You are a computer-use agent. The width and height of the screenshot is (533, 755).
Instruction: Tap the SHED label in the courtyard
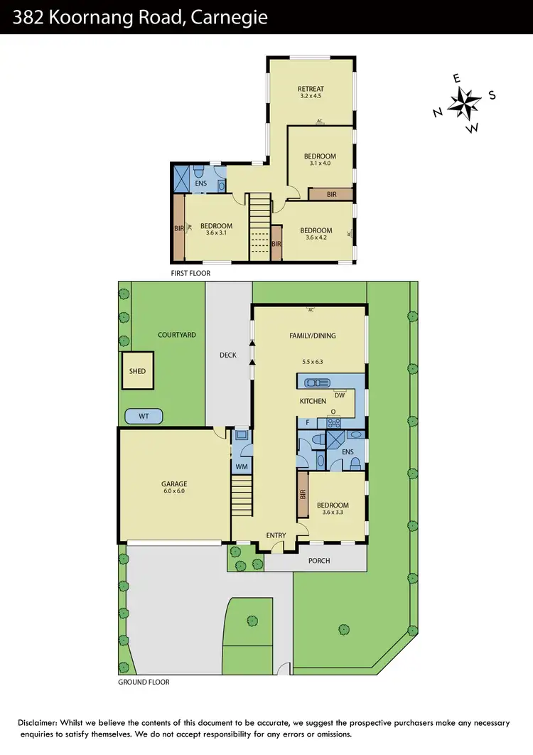137,370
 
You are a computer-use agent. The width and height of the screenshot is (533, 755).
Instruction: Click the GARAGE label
174,484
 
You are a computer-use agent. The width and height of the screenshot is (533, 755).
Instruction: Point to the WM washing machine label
242,466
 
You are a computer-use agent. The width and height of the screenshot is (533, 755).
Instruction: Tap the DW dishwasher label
340,395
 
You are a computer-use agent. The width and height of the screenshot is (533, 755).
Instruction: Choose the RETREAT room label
311,89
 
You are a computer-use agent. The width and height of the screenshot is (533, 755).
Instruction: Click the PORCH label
319,561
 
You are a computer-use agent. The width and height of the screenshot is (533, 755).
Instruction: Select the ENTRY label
276,535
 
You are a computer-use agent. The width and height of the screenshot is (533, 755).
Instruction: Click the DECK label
227,355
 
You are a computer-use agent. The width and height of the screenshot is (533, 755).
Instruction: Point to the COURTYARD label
176,335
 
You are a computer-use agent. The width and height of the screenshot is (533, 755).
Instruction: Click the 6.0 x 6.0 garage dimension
174,491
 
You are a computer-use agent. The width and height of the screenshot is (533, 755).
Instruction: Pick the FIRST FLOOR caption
190,272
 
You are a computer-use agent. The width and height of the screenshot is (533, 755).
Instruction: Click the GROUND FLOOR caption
144,682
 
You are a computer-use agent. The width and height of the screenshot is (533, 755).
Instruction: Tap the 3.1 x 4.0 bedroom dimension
320,164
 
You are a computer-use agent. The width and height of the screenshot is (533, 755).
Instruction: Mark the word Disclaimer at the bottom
41,723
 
